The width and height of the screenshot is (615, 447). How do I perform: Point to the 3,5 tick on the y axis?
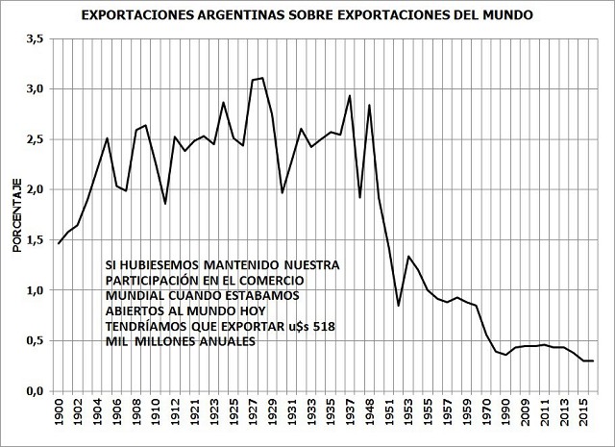(x=36, y=38)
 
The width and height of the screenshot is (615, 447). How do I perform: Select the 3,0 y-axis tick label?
(x=36, y=88)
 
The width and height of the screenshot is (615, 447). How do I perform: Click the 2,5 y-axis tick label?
(x=36, y=139)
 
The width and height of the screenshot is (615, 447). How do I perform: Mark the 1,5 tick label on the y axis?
(x=36, y=240)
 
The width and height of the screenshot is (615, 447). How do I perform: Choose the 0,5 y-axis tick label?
(x=36, y=341)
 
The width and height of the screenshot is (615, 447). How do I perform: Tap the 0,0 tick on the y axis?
(x=36, y=391)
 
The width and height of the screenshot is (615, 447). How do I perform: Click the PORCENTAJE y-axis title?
(x=16, y=215)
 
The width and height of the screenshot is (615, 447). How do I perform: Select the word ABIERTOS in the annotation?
(x=133, y=310)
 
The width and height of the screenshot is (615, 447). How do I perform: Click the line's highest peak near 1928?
(x=261, y=78)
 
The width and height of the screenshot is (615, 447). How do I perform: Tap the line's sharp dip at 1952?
(x=399, y=306)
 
